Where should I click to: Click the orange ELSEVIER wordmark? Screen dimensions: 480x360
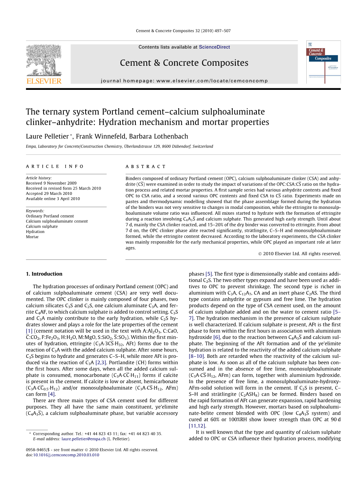(x=44, y=81)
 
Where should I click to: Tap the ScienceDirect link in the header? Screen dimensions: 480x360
(x=214, y=47)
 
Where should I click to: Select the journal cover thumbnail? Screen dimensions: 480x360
(x=323, y=62)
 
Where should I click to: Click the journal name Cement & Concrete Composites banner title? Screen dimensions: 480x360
(x=184, y=63)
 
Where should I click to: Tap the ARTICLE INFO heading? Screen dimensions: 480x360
(x=55, y=166)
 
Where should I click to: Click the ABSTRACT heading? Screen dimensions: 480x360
(x=146, y=166)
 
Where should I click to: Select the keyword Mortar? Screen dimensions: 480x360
(x=32, y=237)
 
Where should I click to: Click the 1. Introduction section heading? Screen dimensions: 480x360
(x=44, y=274)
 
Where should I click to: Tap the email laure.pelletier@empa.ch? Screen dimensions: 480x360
(x=83, y=439)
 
